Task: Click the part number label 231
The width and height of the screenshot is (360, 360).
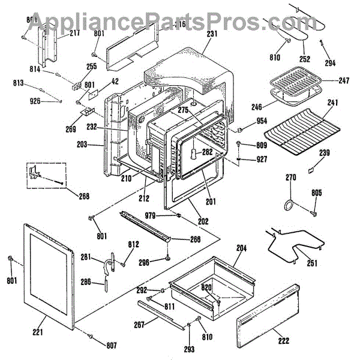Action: pyautogui.click(x=211, y=34)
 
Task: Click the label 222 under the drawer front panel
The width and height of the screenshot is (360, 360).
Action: pyautogui.click(x=283, y=341)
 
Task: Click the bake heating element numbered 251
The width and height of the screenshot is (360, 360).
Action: pyautogui.click(x=294, y=243)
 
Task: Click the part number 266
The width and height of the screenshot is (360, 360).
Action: pyautogui.click(x=195, y=239)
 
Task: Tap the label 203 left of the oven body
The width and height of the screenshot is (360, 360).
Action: pyautogui.click(x=82, y=145)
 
